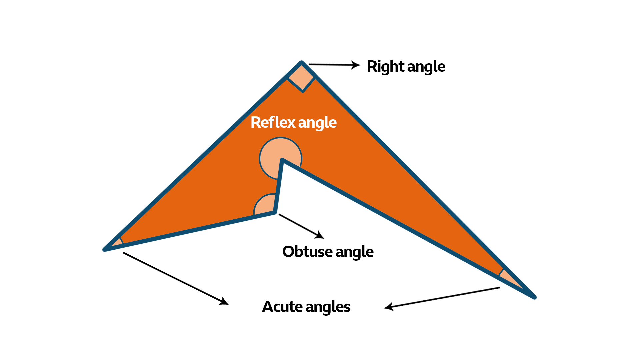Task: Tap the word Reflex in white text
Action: [x=273, y=122]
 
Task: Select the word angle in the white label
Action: [x=317, y=123]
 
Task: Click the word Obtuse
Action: [x=307, y=252]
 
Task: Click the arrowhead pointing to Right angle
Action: [x=356, y=65]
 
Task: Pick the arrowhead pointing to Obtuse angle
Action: [x=320, y=235]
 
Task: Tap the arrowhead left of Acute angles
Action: [x=224, y=301]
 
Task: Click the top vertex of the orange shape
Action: [x=301, y=63]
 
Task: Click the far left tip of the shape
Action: [x=105, y=249]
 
